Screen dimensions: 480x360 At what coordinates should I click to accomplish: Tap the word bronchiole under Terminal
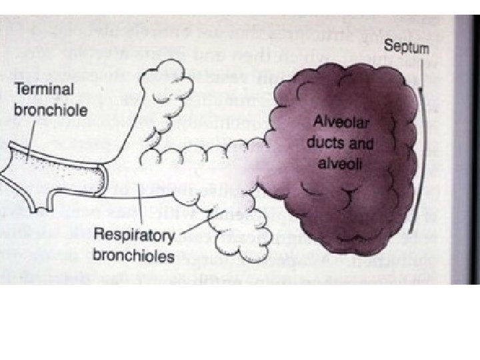[51, 109]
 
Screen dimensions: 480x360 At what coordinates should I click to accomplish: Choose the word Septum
[407, 48]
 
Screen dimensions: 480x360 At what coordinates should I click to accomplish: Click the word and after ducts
[361, 143]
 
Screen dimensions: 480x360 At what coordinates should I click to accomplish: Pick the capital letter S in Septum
[389, 48]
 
